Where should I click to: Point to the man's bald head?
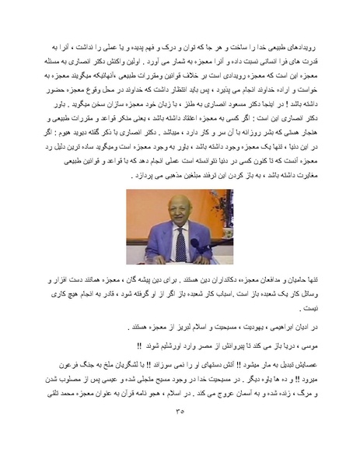(x=179, y=204)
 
